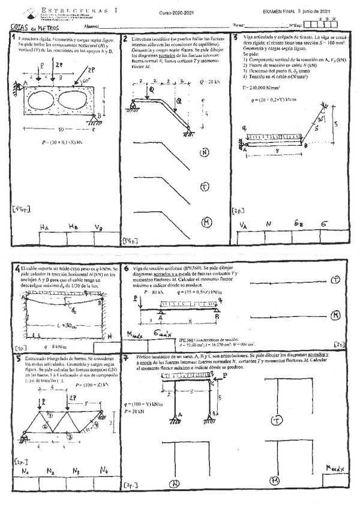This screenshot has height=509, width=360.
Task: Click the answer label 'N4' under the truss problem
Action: point(104,470)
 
